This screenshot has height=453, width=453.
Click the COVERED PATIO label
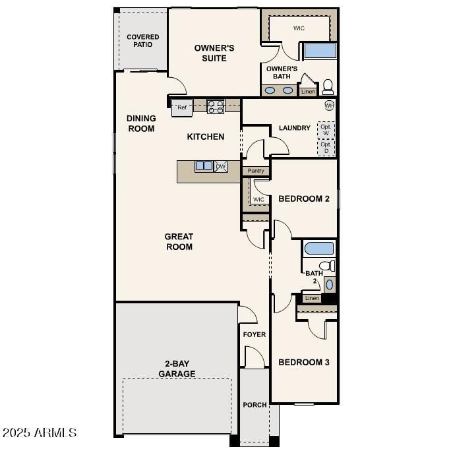click(143, 41)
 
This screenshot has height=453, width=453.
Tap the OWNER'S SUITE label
click(214, 53)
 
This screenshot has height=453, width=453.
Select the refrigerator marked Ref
click(182, 107)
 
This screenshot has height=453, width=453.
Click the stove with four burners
click(216, 106)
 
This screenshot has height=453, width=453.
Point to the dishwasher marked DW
click(221, 167)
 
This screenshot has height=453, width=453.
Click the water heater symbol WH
click(329, 106)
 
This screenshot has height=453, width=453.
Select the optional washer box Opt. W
click(326, 129)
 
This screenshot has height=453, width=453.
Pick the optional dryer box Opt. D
click(326, 147)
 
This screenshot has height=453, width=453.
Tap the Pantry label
click(256, 171)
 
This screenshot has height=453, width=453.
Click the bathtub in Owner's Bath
click(319, 51)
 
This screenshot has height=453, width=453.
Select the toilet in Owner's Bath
click(327, 86)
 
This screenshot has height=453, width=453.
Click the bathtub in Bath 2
click(319, 249)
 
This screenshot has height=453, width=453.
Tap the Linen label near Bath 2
click(312, 298)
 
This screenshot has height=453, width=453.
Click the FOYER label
click(255, 335)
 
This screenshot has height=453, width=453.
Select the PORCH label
click(255, 405)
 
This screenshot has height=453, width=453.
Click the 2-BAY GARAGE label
click(176, 369)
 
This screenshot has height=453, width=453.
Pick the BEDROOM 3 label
click(303, 362)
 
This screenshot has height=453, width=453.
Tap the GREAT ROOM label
click(179, 241)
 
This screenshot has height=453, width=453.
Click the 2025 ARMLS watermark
click(39, 433)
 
